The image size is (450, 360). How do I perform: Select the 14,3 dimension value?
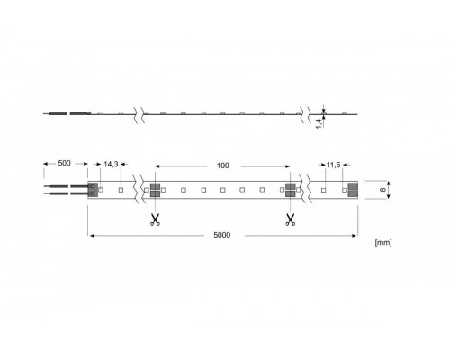pos(111,166)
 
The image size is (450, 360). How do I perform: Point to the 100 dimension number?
pos(222,166)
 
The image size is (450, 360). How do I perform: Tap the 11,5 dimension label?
pos(333,166)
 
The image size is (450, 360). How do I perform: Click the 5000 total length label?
pos(222,235)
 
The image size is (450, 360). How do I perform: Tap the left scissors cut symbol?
pos(155,219)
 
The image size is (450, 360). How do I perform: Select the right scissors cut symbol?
pos(290,219)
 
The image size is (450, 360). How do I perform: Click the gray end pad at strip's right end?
pos(353,190)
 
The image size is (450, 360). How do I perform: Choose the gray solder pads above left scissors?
pos(155,190)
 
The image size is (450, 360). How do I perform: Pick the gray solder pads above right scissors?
pos(291,190)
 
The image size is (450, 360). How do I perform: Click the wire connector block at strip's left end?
pos(94,190)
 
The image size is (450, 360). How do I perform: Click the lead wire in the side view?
pos(63,114)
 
